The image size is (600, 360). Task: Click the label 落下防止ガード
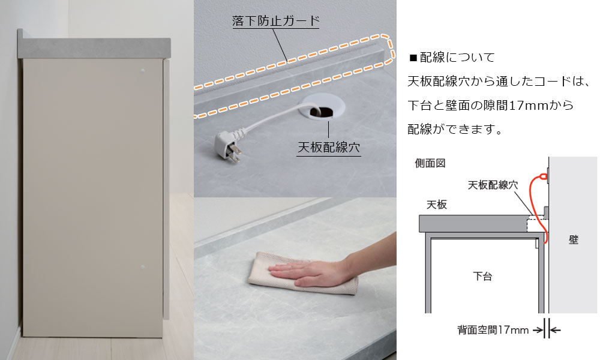(x=275, y=20)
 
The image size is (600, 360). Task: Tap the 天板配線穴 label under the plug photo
(x=329, y=147)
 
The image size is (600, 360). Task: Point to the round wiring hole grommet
(x=324, y=107)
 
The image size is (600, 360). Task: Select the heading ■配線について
(x=452, y=58)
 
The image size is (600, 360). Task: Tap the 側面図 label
(x=430, y=163)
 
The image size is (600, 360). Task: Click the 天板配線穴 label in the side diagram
(x=493, y=185)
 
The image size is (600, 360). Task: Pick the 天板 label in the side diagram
(x=437, y=205)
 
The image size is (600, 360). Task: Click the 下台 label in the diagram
(x=482, y=276)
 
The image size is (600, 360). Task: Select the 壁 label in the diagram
(x=573, y=240)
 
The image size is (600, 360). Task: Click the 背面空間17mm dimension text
(x=493, y=330)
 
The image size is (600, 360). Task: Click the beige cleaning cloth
(x=302, y=274)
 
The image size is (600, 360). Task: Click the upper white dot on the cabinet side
(x=143, y=71)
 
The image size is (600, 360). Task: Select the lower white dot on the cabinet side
(x=142, y=266)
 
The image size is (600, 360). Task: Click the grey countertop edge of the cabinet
(x=94, y=48)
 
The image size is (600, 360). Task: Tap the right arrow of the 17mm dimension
(x=556, y=330)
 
